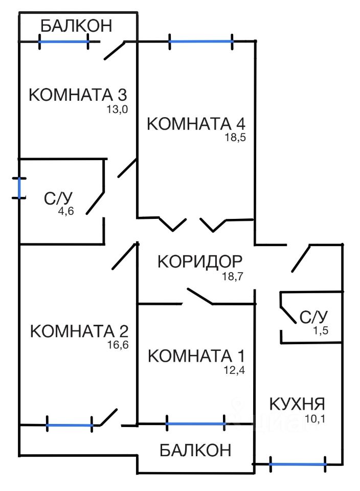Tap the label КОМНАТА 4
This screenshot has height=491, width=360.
coord(196,124)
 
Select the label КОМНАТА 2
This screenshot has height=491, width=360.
coord(79,330)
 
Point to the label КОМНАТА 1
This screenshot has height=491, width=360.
coord(197,355)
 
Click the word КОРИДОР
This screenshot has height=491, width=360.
coord(199,261)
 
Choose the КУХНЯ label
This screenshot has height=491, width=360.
coord(297,404)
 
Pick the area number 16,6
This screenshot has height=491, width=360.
coord(119,344)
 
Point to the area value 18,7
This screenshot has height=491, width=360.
coord(233,276)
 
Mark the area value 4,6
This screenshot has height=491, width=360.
coord(66,212)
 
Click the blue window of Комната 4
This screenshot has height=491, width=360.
coord(201,41)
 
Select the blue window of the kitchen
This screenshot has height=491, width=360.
coord(298,464)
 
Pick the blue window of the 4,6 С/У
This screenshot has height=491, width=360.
coord(20,188)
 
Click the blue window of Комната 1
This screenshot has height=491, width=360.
coord(196,423)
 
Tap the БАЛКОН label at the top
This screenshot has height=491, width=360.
coord(76,25)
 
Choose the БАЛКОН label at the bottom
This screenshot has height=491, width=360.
coord(195,450)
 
